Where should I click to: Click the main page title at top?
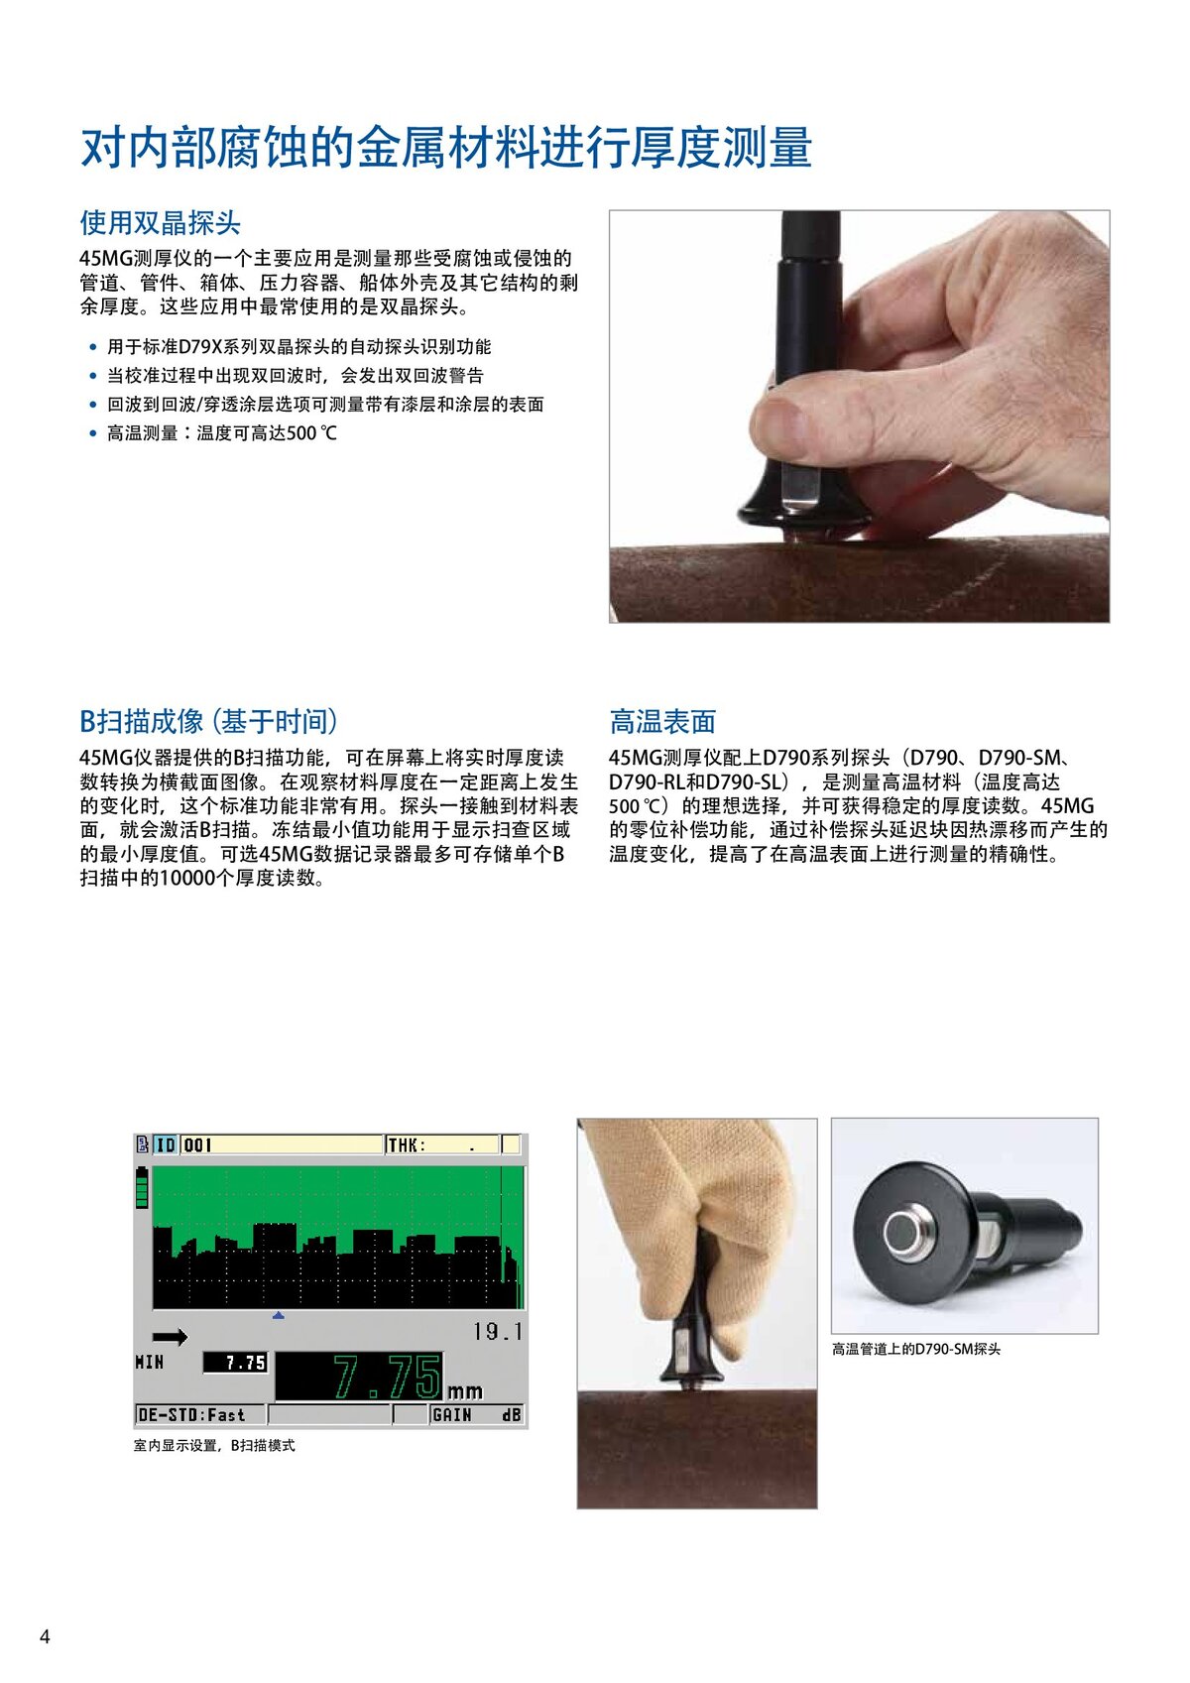point(446,147)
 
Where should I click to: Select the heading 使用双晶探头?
point(160,222)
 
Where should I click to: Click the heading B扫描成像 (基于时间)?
point(208,721)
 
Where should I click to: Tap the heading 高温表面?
point(661,721)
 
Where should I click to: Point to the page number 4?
point(44,1636)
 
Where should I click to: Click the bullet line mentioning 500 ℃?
point(221,433)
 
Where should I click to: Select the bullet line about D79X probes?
point(297,347)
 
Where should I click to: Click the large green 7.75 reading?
point(387,1377)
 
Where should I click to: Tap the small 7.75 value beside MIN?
point(236,1363)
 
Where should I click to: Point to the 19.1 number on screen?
point(497,1332)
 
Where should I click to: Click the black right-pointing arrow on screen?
point(170,1337)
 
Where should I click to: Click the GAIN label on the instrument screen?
point(451,1415)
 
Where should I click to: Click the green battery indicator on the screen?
point(141,1187)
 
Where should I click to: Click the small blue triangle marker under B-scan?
point(279,1316)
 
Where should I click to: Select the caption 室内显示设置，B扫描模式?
point(214,1446)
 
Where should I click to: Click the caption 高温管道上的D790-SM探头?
point(915,1349)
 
